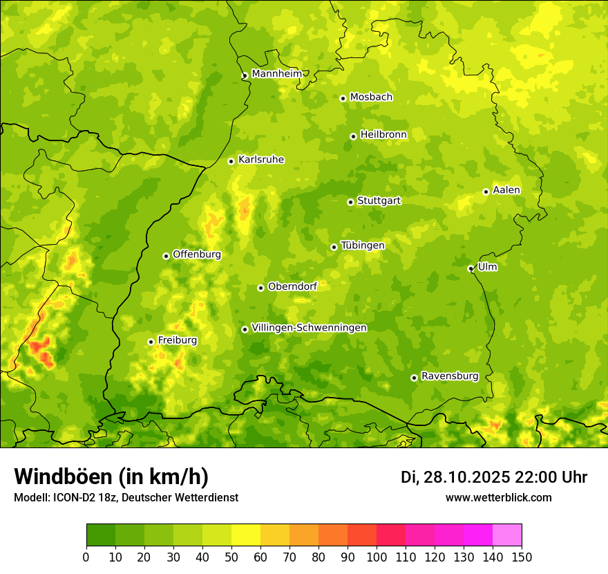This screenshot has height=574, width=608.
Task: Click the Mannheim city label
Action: tap(276, 74)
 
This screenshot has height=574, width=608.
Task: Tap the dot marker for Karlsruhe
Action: tap(231, 161)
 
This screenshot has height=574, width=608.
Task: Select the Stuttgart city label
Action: tap(379, 201)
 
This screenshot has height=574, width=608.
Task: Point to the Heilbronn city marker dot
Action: tap(353, 136)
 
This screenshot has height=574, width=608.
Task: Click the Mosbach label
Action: tap(371, 97)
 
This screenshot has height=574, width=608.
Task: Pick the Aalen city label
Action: tap(506, 190)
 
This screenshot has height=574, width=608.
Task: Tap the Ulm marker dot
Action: tap(471, 268)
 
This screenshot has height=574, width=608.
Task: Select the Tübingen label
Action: tap(363, 246)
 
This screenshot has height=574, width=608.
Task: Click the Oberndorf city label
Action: tap(292, 286)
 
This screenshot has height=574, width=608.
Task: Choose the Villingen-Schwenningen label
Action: tap(309, 328)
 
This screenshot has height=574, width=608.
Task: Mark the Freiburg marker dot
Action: tap(151, 342)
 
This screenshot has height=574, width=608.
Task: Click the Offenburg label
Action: tap(197, 254)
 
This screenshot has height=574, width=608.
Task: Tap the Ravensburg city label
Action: tap(450, 376)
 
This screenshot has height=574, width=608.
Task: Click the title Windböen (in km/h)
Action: tap(111, 476)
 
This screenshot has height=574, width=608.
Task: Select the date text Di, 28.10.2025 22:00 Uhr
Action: tap(494, 477)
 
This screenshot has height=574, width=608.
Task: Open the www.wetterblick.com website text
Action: tap(498, 497)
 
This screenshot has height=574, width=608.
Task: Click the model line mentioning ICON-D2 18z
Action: tap(126, 497)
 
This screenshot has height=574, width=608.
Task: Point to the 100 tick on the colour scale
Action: tap(377, 557)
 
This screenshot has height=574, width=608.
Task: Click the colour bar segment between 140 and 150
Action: tap(507, 535)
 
